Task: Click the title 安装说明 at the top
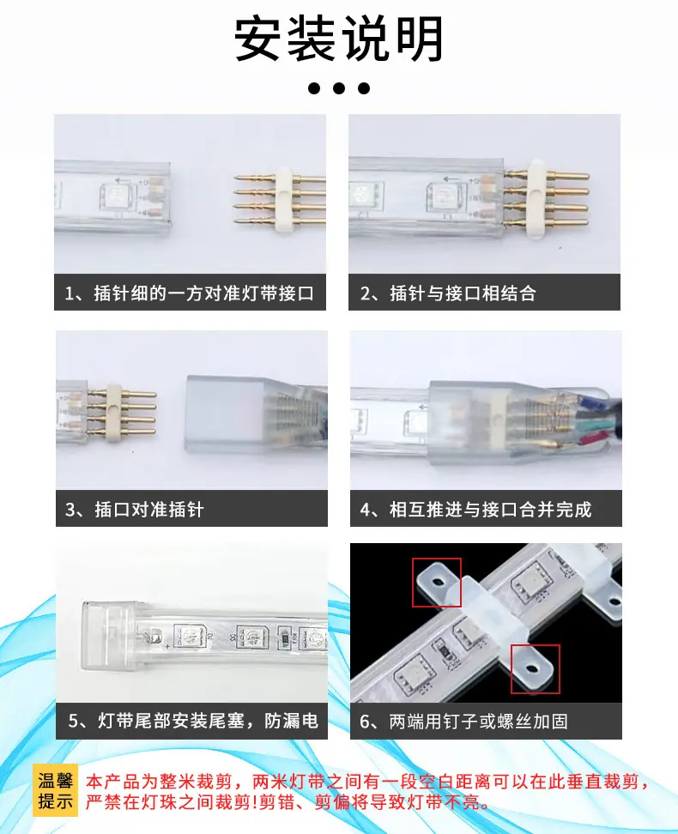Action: click(339, 39)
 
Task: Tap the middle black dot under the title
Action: click(339, 88)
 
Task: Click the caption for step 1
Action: click(190, 293)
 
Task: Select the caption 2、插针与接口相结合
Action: click(448, 293)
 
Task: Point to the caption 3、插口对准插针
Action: click(135, 509)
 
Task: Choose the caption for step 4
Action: click(475, 509)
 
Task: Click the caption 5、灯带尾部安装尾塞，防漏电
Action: click(193, 721)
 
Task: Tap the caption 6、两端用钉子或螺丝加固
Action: click(464, 721)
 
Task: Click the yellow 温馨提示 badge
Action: click(55, 791)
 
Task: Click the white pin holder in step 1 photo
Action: click(284, 199)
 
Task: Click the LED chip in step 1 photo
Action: click(112, 196)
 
